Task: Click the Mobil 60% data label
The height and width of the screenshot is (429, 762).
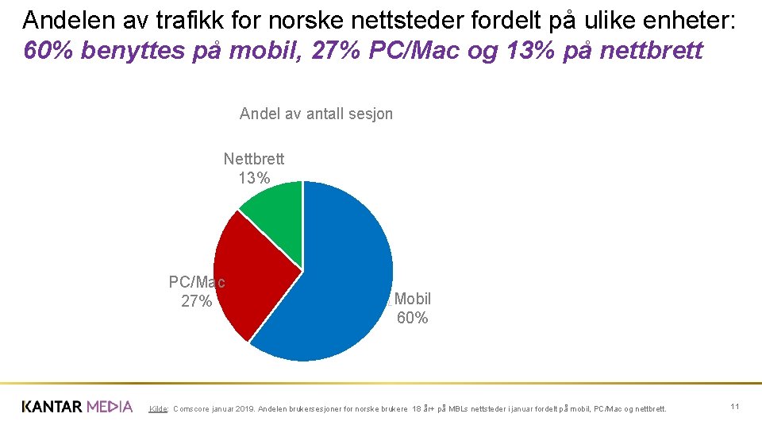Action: point(412,308)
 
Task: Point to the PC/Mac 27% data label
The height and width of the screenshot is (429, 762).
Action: point(197,292)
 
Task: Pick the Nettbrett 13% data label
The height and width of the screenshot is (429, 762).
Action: point(254,168)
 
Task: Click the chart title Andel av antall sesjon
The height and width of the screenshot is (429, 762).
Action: point(316,114)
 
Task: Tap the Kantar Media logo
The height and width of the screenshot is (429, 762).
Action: point(77,407)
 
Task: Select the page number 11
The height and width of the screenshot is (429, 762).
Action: point(735,407)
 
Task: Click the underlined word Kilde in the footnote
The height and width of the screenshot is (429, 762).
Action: point(158,409)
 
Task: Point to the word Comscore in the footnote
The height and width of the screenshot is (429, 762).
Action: point(193,409)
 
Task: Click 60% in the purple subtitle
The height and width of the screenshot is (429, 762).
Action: point(46,51)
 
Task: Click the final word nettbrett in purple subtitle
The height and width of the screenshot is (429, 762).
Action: point(652,51)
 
